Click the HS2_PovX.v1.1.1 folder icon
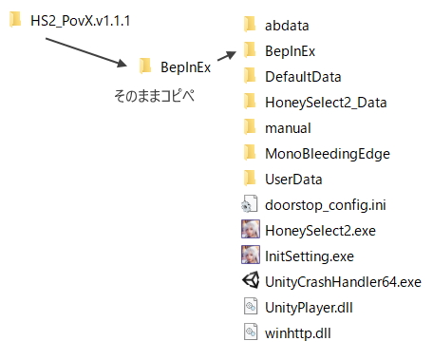point(15,19)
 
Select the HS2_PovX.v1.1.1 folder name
point(80,21)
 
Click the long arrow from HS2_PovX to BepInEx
point(86,52)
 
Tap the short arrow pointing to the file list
point(227,56)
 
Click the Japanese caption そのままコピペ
point(154,96)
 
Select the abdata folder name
point(287,26)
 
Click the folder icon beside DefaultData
point(250,75)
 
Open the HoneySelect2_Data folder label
point(326,103)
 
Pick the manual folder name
point(288,128)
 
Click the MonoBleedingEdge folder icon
point(250,152)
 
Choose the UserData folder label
point(293,180)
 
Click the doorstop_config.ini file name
point(326,205)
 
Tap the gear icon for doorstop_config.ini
point(249,203)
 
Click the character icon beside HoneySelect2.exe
point(251,229)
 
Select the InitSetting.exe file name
point(310,256)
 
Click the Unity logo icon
point(251,280)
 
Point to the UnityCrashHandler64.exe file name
point(343,282)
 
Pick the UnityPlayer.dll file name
point(309,308)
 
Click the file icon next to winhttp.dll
point(251,332)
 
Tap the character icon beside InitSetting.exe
point(251,255)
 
